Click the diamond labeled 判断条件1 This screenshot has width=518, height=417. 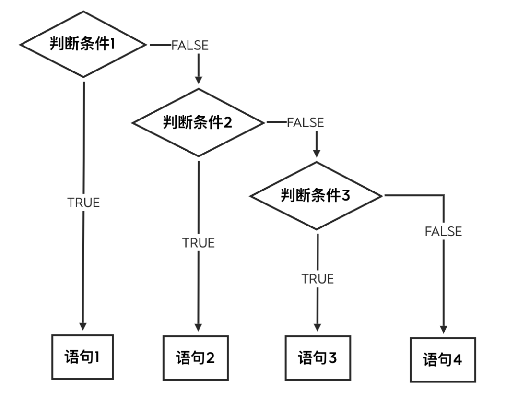pyautogui.click(x=83, y=45)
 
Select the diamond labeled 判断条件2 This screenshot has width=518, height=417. pyautogui.click(x=198, y=122)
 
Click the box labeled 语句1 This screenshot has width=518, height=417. pyautogui.click(x=82, y=357)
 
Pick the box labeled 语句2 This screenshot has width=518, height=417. pyautogui.click(x=196, y=358)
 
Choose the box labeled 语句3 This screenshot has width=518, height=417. pyautogui.click(x=318, y=358)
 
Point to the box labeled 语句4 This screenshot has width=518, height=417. pyautogui.click(x=443, y=360)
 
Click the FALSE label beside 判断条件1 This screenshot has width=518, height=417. pyautogui.click(x=190, y=46)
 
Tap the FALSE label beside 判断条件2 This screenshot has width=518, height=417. pyautogui.click(x=306, y=122)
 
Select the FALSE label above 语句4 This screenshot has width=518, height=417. pyautogui.click(x=443, y=231)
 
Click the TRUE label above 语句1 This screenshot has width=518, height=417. pyautogui.click(x=83, y=203)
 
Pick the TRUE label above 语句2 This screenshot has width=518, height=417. pyautogui.click(x=199, y=243)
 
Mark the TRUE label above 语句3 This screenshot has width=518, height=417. pyautogui.click(x=318, y=279)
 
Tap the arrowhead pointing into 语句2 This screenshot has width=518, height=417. pyautogui.click(x=199, y=327)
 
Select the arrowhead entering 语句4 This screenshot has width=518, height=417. pyautogui.click(x=443, y=329)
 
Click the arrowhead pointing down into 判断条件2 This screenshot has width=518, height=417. pyautogui.click(x=199, y=79)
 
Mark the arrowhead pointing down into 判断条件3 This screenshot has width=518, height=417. pyautogui.click(x=316, y=153)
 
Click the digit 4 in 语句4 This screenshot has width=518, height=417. pyautogui.click(x=457, y=360)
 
